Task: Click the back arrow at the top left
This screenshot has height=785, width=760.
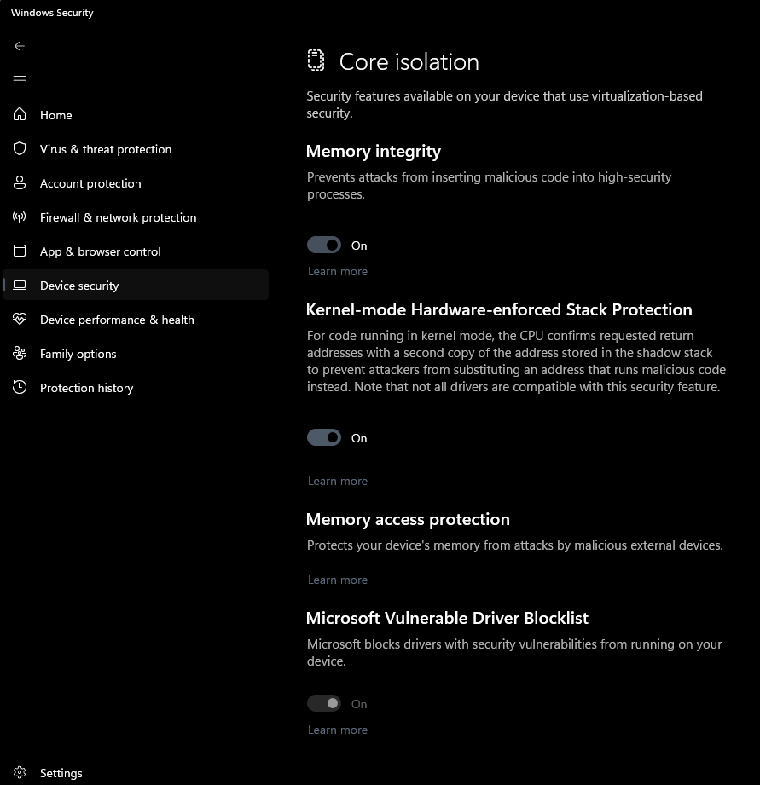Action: pos(20,46)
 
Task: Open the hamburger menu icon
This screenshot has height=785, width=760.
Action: pos(20,80)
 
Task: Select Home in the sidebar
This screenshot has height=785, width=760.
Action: pos(55,115)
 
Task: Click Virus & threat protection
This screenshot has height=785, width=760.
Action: pos(105,149)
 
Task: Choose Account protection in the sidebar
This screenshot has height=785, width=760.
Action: pos(90,183)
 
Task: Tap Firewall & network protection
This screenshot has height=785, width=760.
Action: pos(118,217)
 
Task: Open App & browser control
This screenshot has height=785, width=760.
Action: pos(100,251)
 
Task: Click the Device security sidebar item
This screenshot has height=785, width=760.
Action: pos(79,286)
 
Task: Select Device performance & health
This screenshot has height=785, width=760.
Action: pos(117,320)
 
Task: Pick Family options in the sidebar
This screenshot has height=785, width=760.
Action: pos(78,354)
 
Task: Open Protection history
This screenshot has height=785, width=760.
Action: pos(86,388)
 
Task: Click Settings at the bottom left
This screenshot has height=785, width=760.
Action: pos(61,773)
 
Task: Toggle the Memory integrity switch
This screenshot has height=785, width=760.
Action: pos(324,245)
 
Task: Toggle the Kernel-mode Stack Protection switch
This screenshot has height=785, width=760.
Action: pos(324,438)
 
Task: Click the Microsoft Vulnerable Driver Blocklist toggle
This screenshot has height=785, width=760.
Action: pos(324,704)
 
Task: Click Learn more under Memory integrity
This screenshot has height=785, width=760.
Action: pos(338,271)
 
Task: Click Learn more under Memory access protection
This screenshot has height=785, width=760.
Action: pos(338,580)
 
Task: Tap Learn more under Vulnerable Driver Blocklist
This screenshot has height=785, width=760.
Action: pos(338,730)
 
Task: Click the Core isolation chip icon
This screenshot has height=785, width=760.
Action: pos(316,61)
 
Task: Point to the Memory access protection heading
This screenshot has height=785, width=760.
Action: pos(408,519)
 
